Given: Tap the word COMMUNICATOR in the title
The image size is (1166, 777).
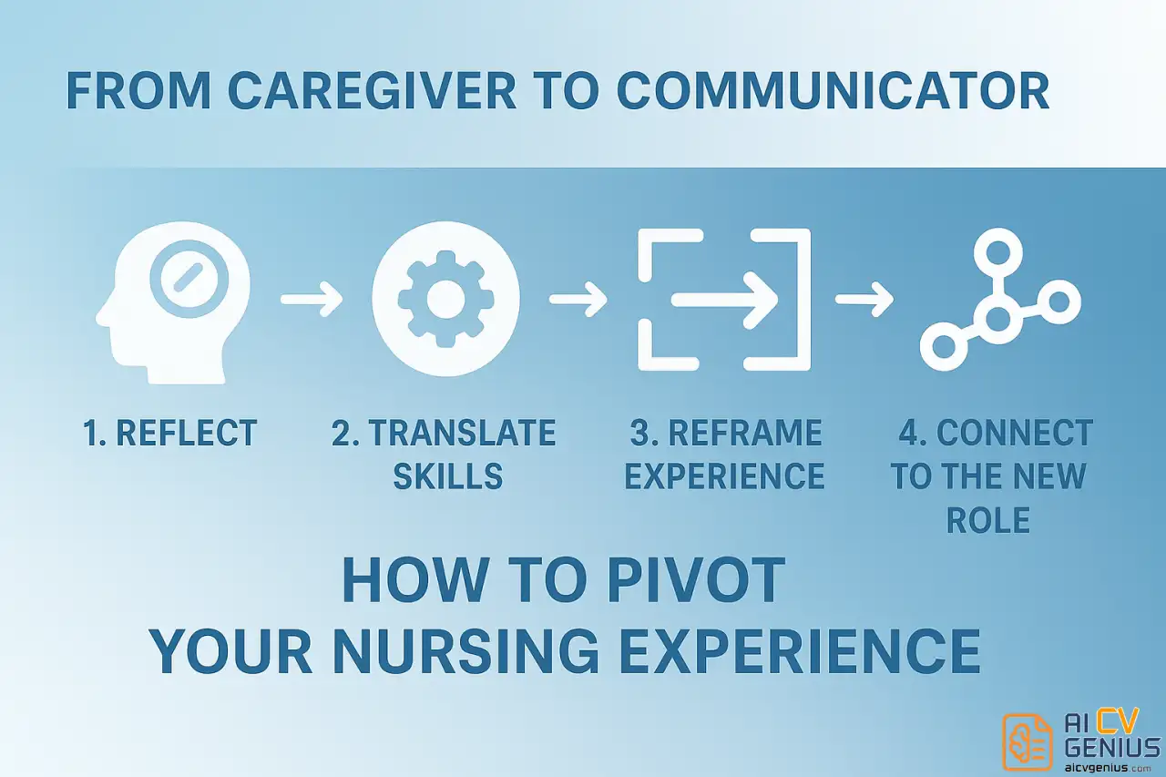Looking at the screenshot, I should tap(833, 92).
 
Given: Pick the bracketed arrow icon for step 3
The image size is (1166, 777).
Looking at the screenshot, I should tap(723, 300).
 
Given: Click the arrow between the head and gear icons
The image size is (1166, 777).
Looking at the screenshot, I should tap(312, 299).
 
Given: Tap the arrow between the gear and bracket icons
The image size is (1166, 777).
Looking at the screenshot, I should tap(578, 299).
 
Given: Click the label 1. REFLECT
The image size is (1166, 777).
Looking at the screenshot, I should tap(170, 433).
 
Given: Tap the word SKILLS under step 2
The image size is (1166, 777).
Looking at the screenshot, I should tap(447, 475).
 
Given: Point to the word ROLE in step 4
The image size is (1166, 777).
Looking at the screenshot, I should tap(987, 519).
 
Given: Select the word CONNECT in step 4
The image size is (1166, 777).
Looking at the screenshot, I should tap(1015, 433).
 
